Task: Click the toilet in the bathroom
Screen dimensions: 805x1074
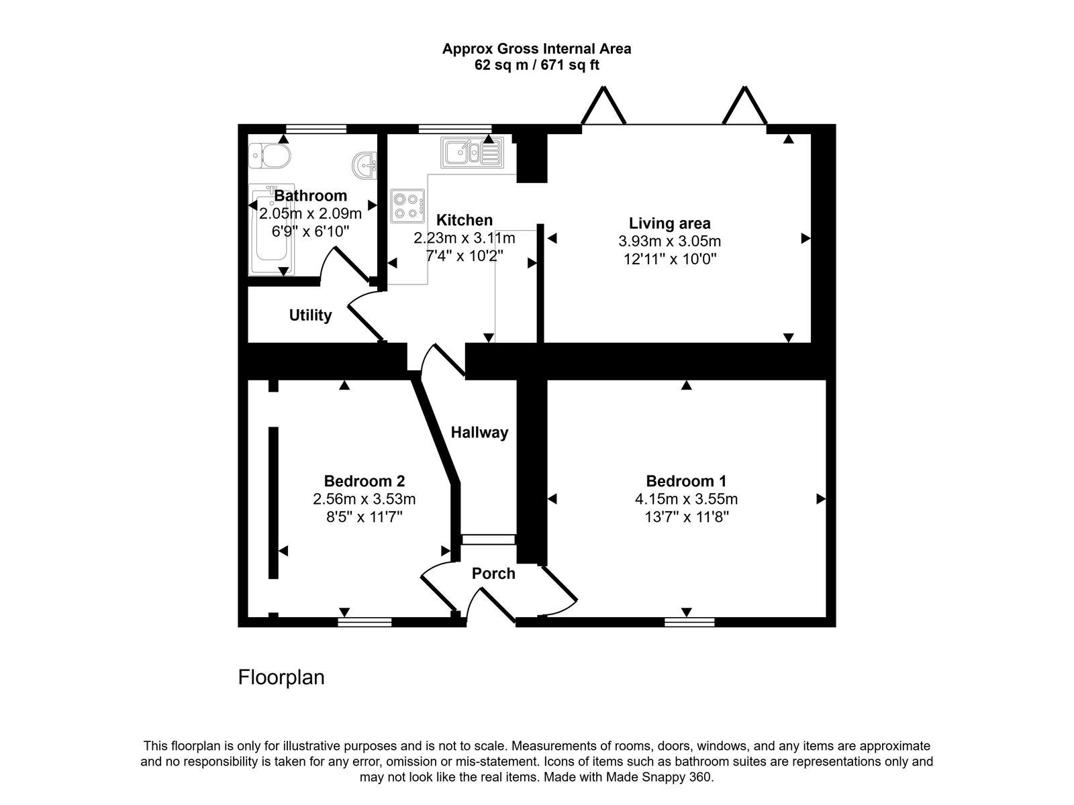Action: pos(269,156)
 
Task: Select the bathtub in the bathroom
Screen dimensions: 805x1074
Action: pos(271,229)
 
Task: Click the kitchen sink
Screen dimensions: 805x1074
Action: pos(471,153)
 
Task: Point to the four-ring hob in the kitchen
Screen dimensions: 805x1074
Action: pos(408,207)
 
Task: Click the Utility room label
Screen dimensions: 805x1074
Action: pos(310,315)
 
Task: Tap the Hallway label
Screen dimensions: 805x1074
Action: pos(479,433)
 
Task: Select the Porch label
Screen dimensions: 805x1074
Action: pos(493,574)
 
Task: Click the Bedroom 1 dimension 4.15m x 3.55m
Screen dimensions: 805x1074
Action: pos(686,499)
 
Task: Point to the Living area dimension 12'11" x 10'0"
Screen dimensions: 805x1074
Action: pos(670,259)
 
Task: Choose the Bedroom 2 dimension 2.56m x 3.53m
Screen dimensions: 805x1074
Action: pos(364,499)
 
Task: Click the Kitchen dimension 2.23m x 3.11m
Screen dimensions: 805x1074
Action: pos(465,238)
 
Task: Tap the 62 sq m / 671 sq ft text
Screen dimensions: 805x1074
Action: pos(536,66)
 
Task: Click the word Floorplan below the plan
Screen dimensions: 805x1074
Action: pos(281,678)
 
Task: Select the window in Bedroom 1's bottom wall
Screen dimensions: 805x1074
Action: pos(689,623)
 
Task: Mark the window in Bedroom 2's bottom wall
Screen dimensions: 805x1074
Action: pos(364,623)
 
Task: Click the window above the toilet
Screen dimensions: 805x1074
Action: pos(315,128)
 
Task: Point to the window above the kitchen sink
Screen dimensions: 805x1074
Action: pos(454,128)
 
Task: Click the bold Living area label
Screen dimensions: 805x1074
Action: pos(669,223)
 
